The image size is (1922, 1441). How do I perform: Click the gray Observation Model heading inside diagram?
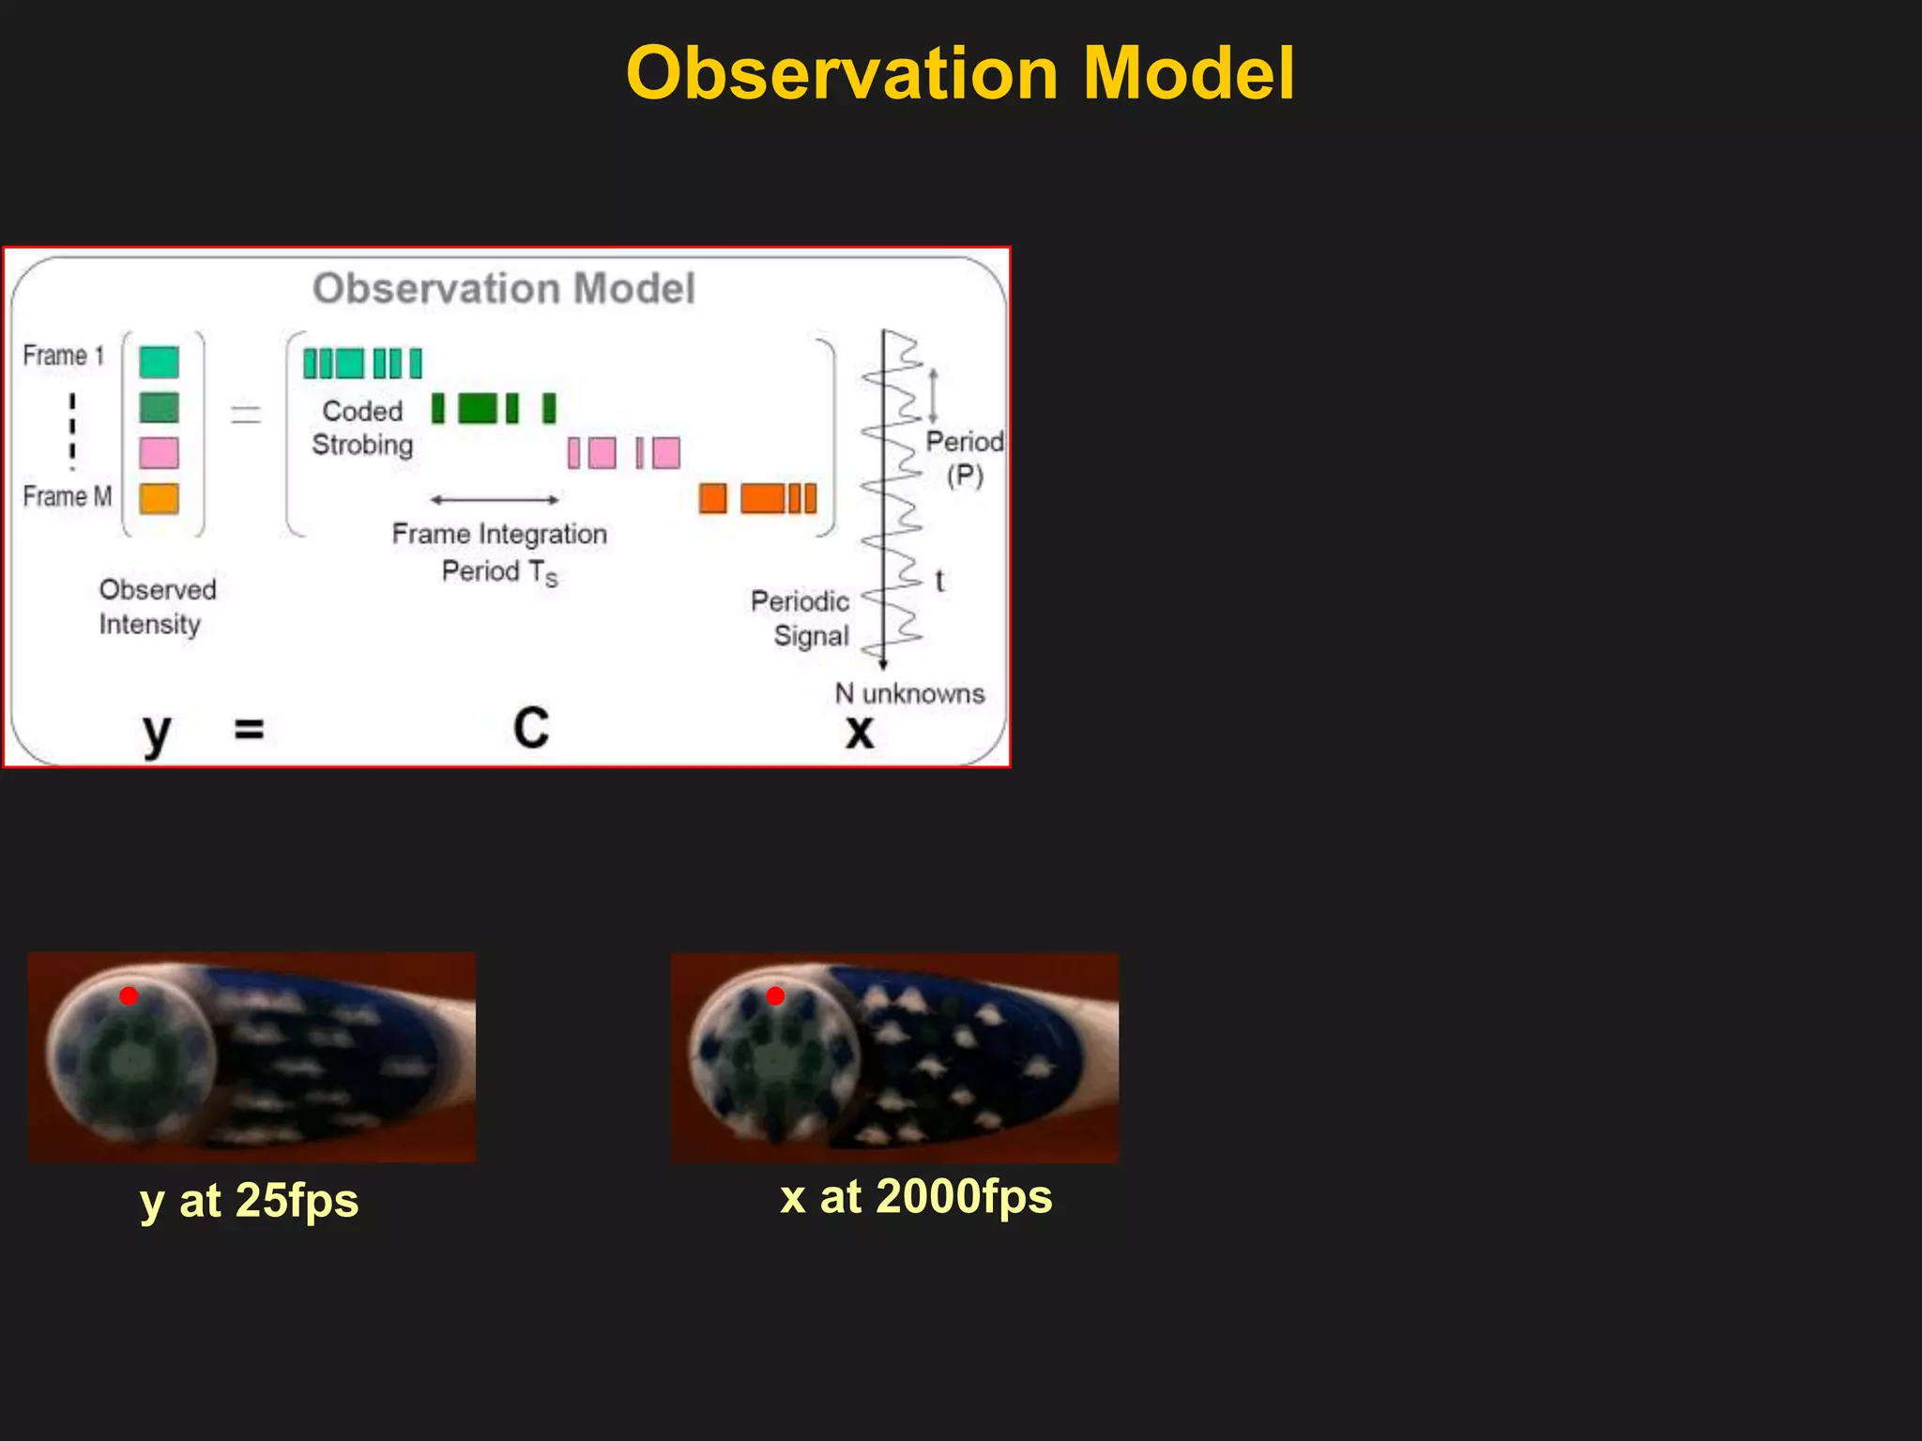[x=504, y=288]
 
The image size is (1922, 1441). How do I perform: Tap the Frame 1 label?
[x=63, y=356]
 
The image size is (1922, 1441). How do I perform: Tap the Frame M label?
[x=67, y=496]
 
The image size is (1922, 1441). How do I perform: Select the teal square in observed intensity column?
[x=159, y=362]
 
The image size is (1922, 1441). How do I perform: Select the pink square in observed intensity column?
[x=159, y=453]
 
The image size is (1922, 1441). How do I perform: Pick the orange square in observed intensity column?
[x=159, y=498]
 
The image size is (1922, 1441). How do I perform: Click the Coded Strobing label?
[x=362, y=428]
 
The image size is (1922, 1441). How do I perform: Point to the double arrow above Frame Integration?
[x=495, y=500]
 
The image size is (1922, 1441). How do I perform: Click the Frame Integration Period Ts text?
[x=499, y=553]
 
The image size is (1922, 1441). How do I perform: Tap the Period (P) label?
[x=964, y=458]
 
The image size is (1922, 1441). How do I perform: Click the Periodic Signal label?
[x=801, y=618]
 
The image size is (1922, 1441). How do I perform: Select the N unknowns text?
[x=909, y=694]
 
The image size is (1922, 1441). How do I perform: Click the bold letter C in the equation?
[x=531, y=728]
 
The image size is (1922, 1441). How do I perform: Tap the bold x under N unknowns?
[x=859, y=732]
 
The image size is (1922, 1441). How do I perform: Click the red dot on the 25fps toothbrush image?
[x=129, y=996]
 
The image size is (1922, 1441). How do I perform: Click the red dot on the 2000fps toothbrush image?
[x=775, y=996]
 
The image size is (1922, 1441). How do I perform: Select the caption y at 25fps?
[x=250, y=1201]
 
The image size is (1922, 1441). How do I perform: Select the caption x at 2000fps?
[x=916, y=1197]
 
